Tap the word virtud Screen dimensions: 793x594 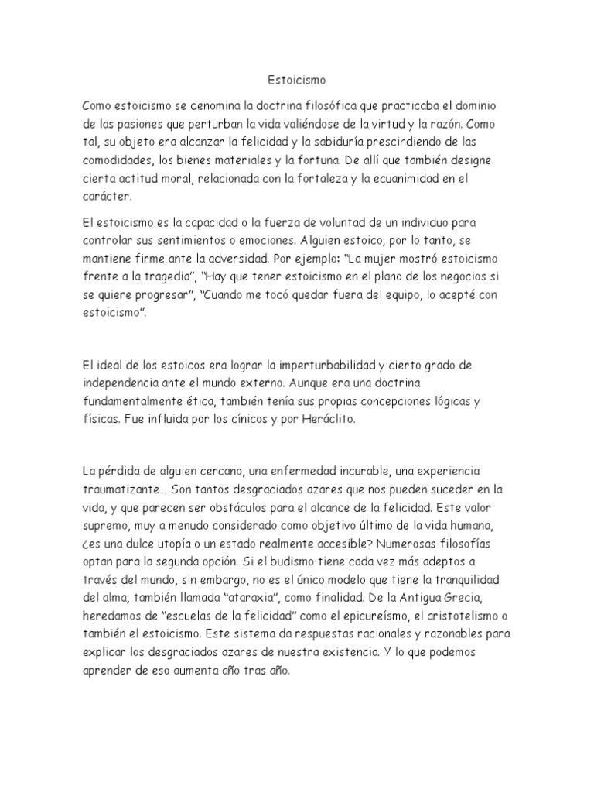[x=411, y=123]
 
